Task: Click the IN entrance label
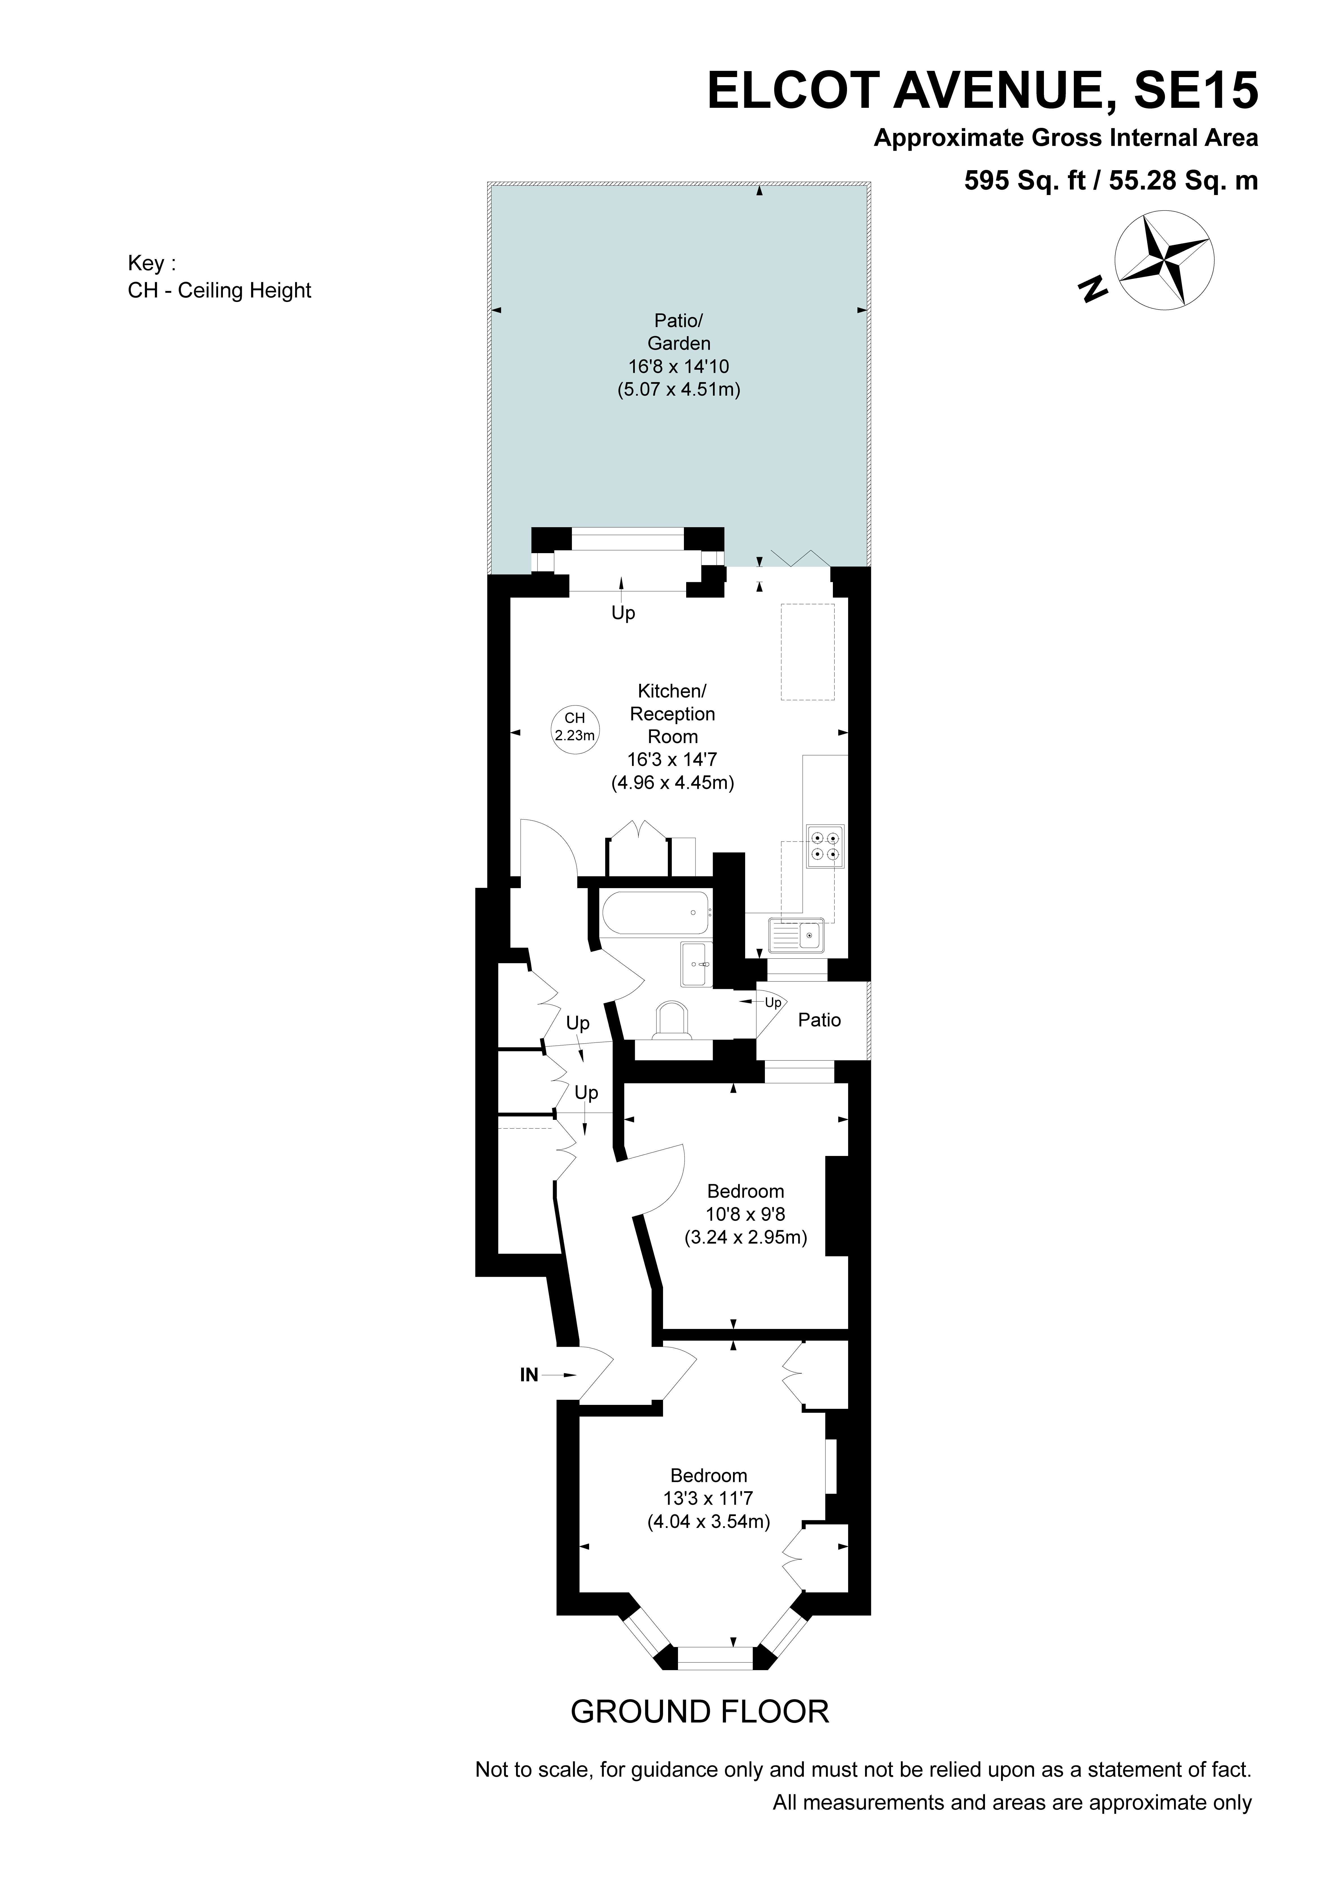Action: [x=529, y=1374]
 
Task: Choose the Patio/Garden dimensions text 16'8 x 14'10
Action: [x=678, y=366]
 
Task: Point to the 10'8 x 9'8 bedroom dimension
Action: [x=745, y=1215]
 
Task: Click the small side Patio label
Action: [x=819, y=1020]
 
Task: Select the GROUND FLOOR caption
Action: [x=700, y=1711]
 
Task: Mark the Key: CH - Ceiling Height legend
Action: [x=220, y=277]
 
